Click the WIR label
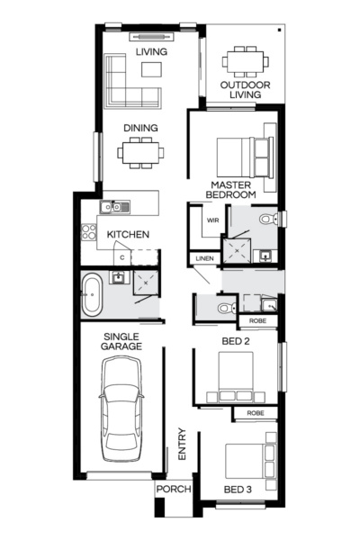[x=213, y=220]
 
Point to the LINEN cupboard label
[x=203, y=259]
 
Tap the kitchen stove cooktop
[x=90, y=231]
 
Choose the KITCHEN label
[x=128, y=235]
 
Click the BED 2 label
[x=236, y=341]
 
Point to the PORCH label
[x=172, y=490]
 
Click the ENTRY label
[x=182, y=445]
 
